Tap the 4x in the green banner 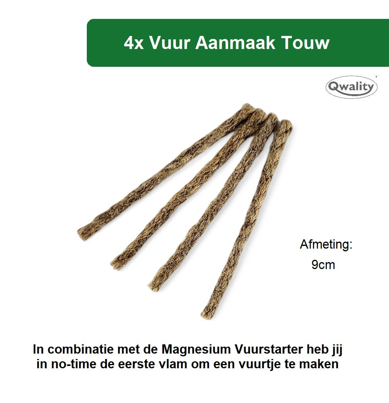[x=134, y=43]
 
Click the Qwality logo [x=352, y=87]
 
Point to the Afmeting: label [x=326, y=244]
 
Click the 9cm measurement [x=323, y=265]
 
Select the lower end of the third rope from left [x=152, y=283]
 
